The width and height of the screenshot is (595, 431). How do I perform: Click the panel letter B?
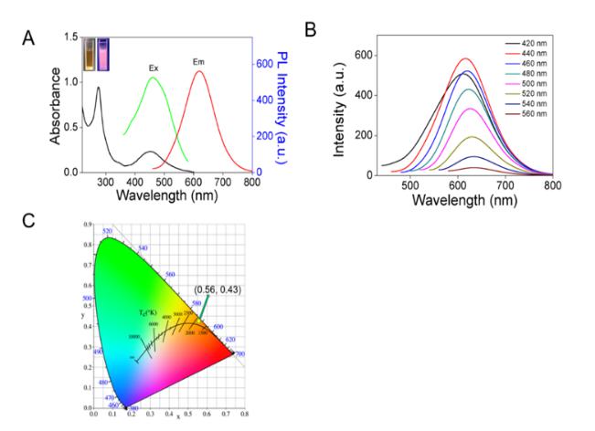(311, 29)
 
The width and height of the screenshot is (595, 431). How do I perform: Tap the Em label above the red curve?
(198, 62)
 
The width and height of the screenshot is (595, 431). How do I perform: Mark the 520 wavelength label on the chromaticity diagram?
(107, 232)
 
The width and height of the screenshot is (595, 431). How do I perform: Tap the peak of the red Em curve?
(199, 71)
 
